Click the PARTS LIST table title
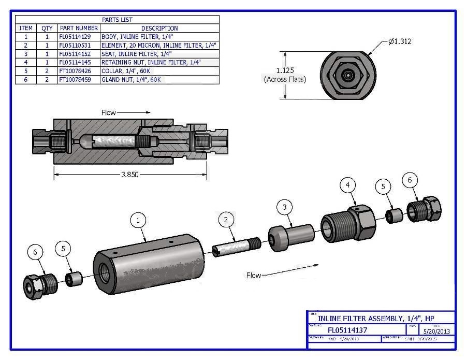pos(117,20)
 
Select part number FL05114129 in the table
pos(79,37)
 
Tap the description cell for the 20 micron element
pos(159,46)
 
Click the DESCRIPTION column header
pos(159,28)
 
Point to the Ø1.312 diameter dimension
pos(399,41)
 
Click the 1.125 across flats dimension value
pos(285,70)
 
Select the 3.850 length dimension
pos(129,175)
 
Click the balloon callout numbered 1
pos(138,220)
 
